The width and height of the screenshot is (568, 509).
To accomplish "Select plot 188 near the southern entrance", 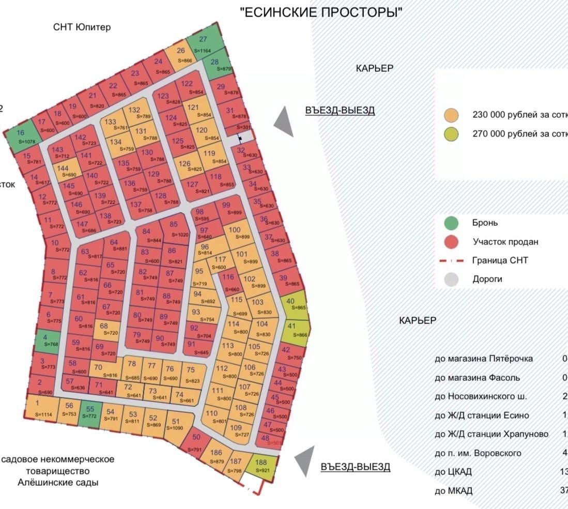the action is (x=262, y=465).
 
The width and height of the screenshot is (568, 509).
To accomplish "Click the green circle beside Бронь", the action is (x=451, y=223).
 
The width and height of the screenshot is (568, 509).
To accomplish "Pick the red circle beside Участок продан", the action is (x=451, y=242).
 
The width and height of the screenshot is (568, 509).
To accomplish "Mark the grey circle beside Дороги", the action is (x=451, y=279).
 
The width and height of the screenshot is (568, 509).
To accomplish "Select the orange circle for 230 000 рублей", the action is (x=451, y=115).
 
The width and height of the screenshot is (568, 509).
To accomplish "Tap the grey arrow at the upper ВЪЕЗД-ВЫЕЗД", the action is (x=284, y=122).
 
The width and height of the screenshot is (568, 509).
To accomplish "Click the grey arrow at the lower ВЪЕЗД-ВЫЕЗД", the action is (x=304, y=461).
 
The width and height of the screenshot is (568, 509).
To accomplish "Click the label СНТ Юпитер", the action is (x=82, y=27).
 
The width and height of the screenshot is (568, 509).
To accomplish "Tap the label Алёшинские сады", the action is (x=63, y=483).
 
